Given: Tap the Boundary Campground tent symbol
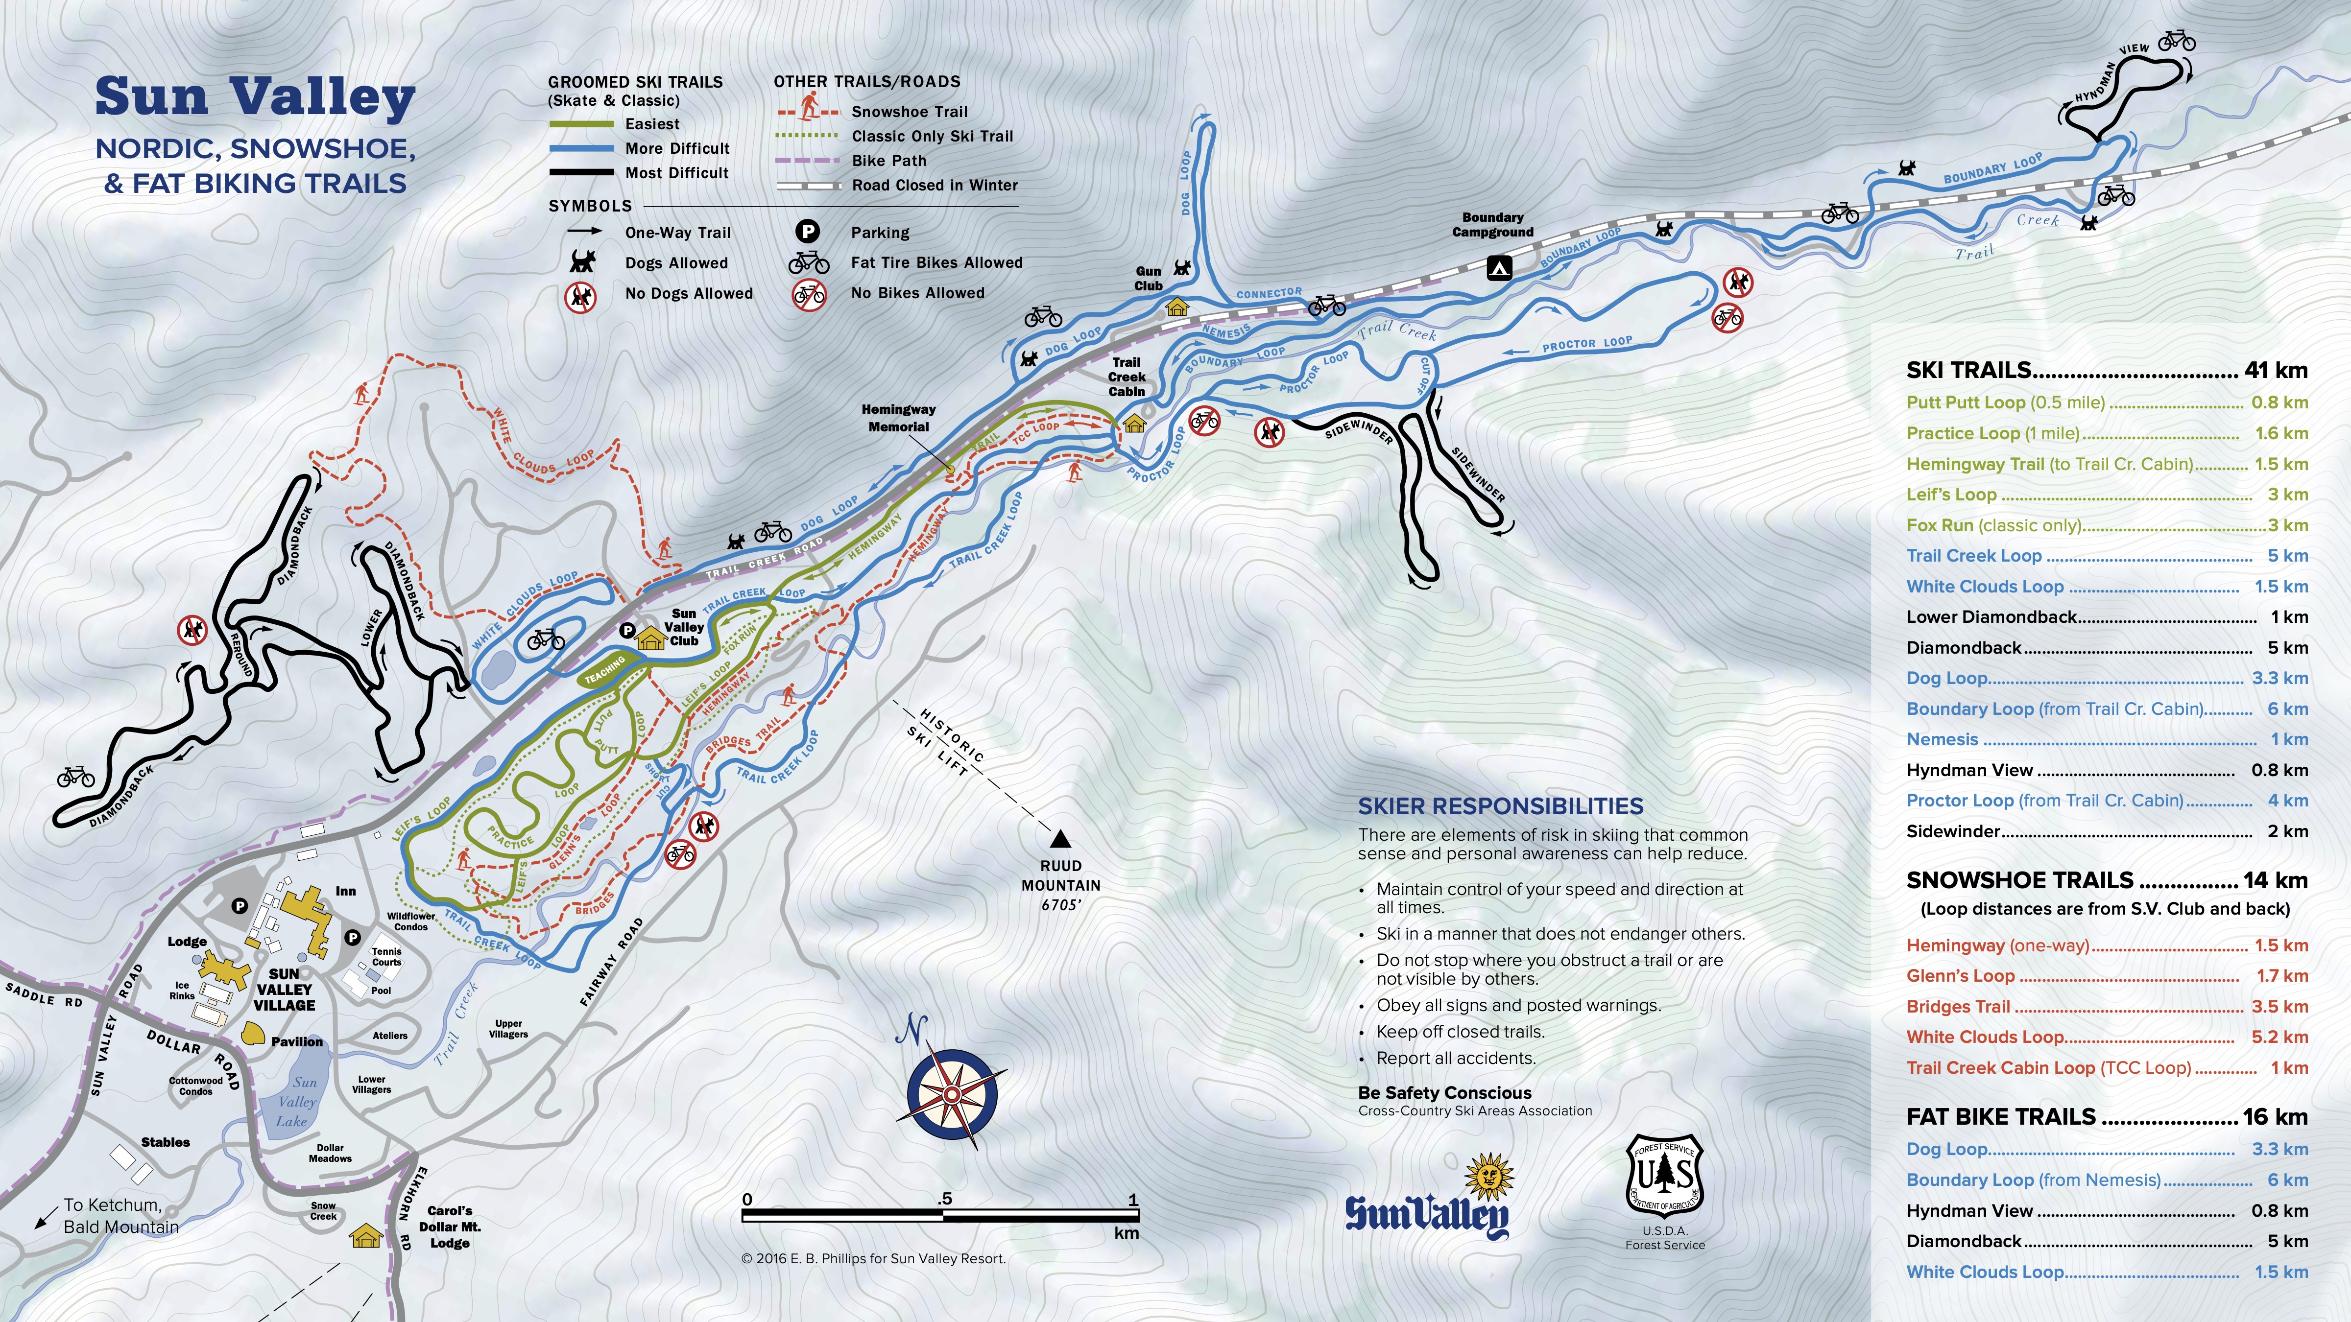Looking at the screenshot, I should (1499, 267).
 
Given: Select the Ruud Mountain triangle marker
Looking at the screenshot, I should (1059, 838).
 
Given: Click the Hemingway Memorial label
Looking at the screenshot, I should (898, 418).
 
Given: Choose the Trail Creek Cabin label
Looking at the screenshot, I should (1126, 377).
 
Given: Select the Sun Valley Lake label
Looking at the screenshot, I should (297, 1101).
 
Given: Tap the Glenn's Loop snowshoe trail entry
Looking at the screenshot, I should (1960, 976).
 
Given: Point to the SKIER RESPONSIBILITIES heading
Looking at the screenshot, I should (1500, 806).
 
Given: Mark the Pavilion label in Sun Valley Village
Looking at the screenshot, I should (297, 1042).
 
